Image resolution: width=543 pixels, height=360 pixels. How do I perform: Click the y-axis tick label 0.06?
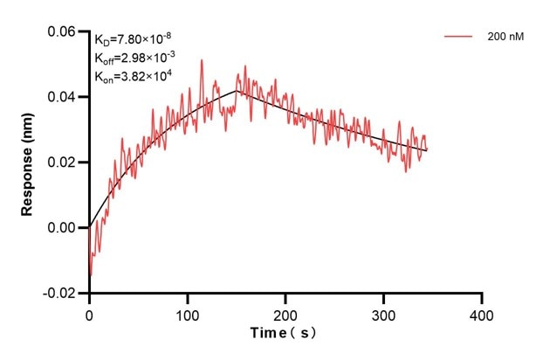pos(64,31)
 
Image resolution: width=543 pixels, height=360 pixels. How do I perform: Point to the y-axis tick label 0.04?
pos(64,97)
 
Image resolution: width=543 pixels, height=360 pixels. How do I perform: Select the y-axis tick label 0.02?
pos(64,163)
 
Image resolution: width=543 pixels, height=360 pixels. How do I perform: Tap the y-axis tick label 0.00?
pos(64,228)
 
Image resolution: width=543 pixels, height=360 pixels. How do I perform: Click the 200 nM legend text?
pos(505,38)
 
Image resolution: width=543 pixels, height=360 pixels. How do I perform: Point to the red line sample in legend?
pos(459,38)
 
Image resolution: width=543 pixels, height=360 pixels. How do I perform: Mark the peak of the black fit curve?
pos(237,90)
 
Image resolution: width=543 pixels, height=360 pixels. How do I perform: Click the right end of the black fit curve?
pos(427,150)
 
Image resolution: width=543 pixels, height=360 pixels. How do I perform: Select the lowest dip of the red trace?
pos(91,275)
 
